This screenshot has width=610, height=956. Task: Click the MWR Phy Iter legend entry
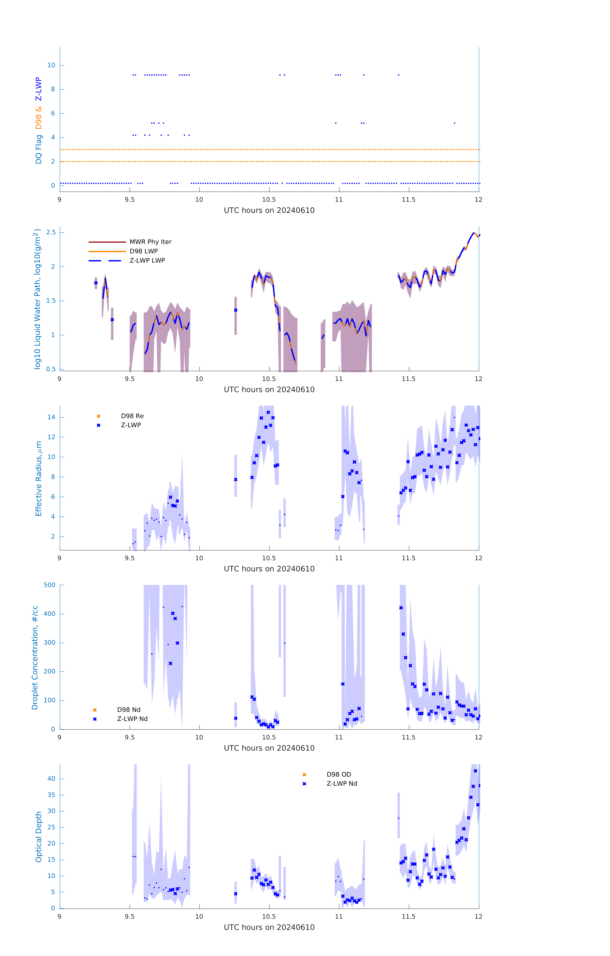pyautogui.click(x=150, y=242)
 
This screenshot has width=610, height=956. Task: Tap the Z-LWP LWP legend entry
pyautogui.click(x=147, y=261)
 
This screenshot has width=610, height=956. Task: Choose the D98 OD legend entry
pyautogui.click(x=339, y=775)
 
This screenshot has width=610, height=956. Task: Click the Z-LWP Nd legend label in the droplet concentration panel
pyautogui.click(x=132, y=719)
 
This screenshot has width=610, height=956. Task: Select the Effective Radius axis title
pyautogui.click(x=39, y=478)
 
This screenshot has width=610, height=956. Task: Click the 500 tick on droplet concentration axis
pyautogui.click(x=50, y=585)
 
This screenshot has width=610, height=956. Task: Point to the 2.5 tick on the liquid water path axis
pyautogui.click(x=51, y=232)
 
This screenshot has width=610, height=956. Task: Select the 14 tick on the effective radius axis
pyautogui.click(x=51, y=417)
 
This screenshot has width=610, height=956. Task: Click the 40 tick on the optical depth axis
pyautogui.click(x=51, y=779)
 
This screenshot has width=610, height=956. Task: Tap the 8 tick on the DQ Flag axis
pyautogui.click(x=53, y=89)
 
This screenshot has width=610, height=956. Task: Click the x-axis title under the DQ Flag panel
pyautogui.click(x=269, y=210)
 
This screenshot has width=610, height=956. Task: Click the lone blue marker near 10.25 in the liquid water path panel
pyautogui.click(x=236, y=310)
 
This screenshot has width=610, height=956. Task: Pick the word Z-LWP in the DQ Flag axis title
pyautogui.click(x=39, y=89)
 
